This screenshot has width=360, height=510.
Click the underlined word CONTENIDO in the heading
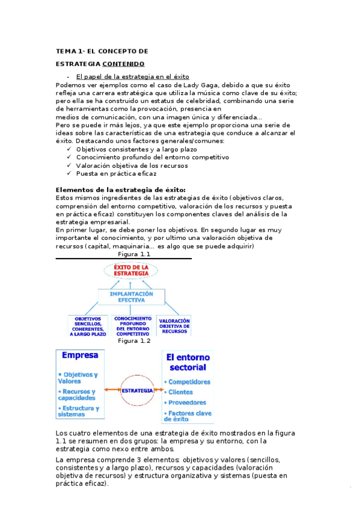point(123,63)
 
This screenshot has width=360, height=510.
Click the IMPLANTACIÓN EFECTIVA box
point(132,297)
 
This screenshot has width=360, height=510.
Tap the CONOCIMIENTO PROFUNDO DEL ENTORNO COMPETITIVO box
point(132,325)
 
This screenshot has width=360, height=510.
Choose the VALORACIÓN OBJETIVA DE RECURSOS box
point(174,326)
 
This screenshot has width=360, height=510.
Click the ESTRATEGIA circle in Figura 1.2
point(137,390)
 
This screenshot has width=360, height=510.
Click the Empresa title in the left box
point(79,355)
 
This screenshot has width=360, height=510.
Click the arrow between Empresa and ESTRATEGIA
point(111,390)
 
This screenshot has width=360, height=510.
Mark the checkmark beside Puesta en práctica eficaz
point(70,173)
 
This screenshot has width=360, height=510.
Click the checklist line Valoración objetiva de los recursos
point(132,165)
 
